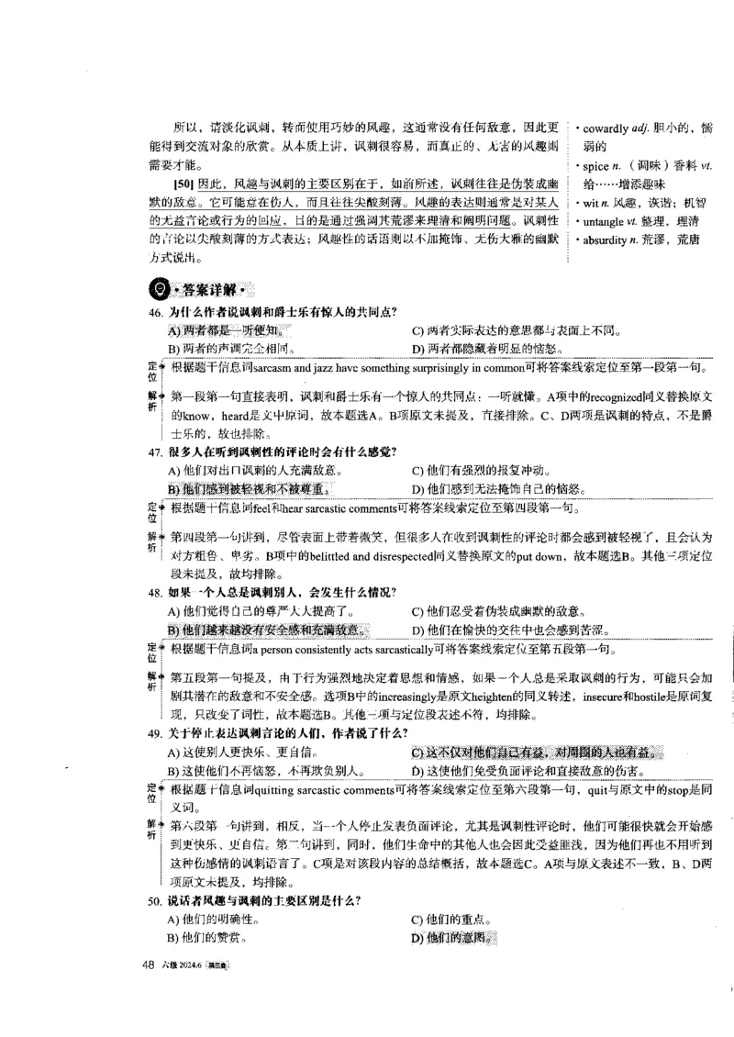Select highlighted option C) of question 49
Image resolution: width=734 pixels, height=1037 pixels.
click(536, 753)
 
